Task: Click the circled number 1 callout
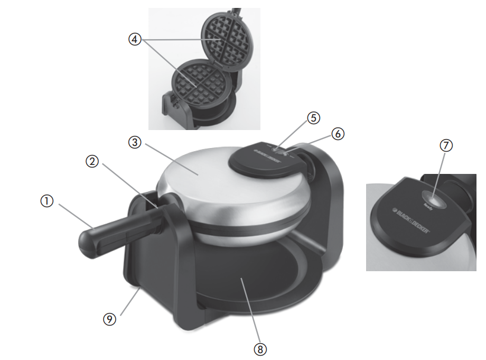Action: (49, 201)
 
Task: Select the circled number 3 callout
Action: (135, 142)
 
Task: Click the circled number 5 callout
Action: (314, 118)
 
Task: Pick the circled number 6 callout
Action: (338, 134)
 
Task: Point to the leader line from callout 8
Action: (251, 312)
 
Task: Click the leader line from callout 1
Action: (74, 216)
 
